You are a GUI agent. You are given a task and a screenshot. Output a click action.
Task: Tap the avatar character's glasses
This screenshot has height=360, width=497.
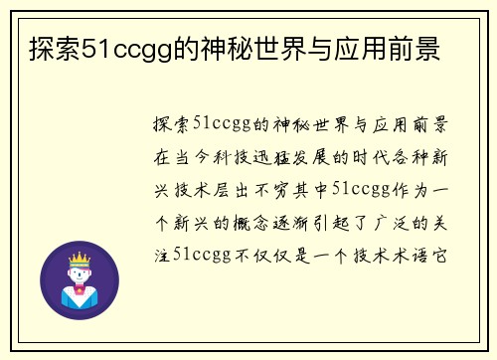coord(78,274)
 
